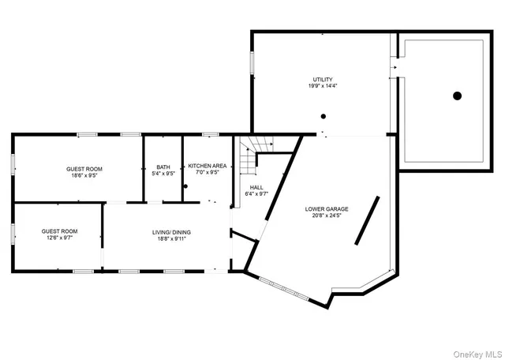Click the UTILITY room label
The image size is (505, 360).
(x=322, y=80)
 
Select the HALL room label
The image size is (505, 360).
(x=256, y=188)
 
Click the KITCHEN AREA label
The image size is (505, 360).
(x=207, y=166)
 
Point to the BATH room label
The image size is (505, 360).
(x=163, y=167)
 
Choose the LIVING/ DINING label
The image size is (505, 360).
(x=171, y=232)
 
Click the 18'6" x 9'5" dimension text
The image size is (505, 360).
(x=83, y=176)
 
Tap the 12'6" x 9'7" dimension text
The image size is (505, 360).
(x=60, y=238)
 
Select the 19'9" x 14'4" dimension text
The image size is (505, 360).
(x=322, y=87)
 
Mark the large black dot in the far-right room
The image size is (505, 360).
(x=456, y=96)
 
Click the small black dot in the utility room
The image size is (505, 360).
(x=322, y=116)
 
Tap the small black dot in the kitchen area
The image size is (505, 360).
(x=185, y=186)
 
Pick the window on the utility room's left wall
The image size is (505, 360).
(x=252, y=68)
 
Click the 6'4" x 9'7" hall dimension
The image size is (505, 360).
(x=256, y=195)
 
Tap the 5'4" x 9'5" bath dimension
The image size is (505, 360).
(x=163, y=174)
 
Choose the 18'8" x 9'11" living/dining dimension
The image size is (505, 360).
(x=171, y=239)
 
